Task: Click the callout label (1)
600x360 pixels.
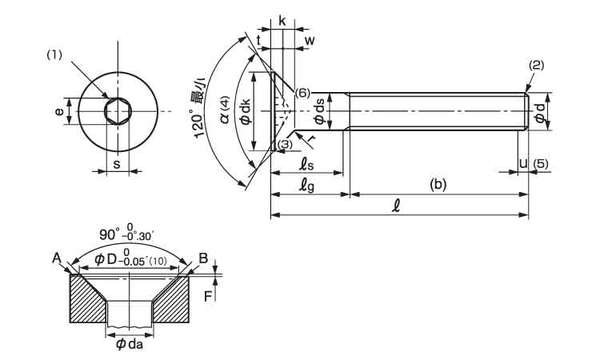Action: pyautogui.click(x=54, y=55)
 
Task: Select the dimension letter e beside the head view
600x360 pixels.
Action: pyautogui.click(x=59, y=112)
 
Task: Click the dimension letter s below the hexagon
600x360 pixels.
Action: pyautogui.click(x=117, y=163)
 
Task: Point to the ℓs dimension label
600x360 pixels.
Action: pyautogui.click(x=307, y=163)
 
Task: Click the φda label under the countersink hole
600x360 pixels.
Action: pyautogui.click(x=128, y=345)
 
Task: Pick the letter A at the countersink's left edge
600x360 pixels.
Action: pyautogui.click(x=56, y=257)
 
